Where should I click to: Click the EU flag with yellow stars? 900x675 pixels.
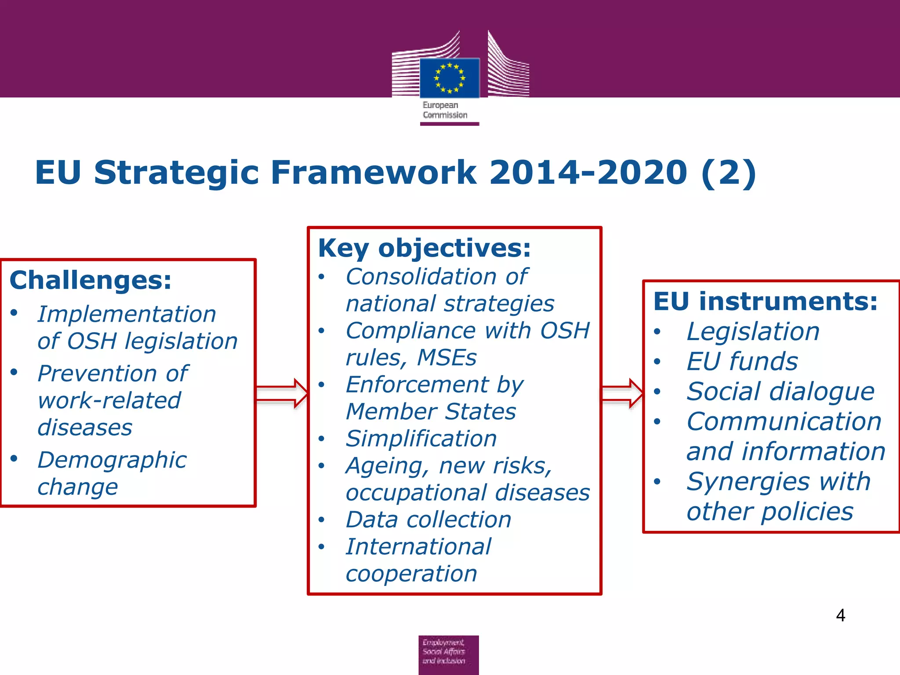click(x=449, y=78)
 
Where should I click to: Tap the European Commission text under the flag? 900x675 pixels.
click(x=444, y=110)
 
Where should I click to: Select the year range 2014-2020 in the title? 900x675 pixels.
click(x=588, y=172)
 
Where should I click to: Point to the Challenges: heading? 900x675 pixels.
click(x=91, y=280)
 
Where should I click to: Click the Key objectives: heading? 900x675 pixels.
click(x=424, y=248)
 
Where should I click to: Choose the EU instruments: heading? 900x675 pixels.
click(x=765, y=302)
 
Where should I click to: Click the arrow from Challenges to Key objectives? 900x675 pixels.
click(x=282, y=393)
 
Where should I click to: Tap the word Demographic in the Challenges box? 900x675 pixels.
click(x=112, y=461)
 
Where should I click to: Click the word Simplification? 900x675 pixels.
click(x=421, y=439)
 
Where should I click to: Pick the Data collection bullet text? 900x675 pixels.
click(x=428, y=520)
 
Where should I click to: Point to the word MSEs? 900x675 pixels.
click(x=446, y=358)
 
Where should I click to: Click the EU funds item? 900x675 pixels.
click(x=742, y=362)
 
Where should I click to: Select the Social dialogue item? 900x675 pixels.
click(x=780, y=392)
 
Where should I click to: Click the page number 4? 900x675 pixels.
click(x=840, y=615)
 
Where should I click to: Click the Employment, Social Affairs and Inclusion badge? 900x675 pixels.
click(x=448, y=654)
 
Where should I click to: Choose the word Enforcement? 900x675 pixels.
click(x=417, y=385)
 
